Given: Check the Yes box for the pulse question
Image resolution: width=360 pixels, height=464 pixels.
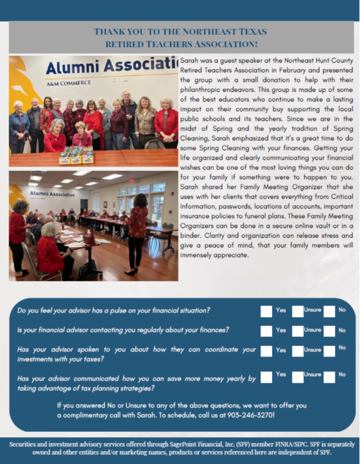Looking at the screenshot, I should [x=266, y=311].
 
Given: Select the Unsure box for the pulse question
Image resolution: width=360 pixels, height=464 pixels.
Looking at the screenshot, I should [x=298, y=311].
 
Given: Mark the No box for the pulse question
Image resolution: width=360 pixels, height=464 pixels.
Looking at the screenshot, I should [x=329, y=311].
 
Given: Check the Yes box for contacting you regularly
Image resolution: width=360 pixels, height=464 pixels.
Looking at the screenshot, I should [x=266, y=331].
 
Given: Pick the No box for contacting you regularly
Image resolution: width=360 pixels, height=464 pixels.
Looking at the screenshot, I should [x=329, y=331].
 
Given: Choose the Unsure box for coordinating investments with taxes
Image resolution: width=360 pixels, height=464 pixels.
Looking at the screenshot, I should [x=298, y=351].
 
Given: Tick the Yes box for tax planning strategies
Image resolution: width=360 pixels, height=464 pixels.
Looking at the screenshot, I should [x=266, y=376].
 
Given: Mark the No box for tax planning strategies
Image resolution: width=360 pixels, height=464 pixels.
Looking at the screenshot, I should [x=329, y=376].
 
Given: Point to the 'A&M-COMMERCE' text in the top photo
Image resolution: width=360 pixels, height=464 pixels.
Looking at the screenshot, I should [x=69, y=84].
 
